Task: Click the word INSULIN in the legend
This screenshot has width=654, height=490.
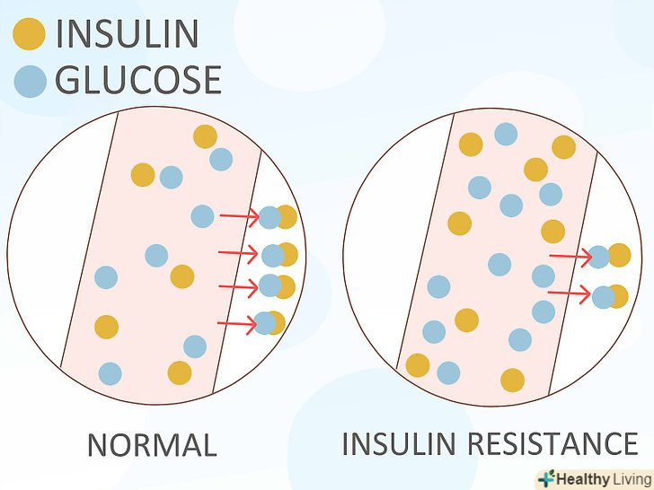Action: (127, 34)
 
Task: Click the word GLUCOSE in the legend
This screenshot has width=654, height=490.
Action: (137, 80)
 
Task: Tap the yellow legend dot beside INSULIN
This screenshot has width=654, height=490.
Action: (29, 35)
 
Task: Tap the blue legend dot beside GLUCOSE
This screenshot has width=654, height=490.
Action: (30, 81)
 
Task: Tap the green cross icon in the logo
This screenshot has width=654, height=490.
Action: (545, 479)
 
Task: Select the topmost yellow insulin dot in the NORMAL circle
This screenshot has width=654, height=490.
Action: (205, 136)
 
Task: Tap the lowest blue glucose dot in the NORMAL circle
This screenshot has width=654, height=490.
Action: (110, 373)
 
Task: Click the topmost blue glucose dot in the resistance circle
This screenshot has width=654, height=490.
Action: (506, 134)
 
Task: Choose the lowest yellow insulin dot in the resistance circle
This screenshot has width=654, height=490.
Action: (512, 381)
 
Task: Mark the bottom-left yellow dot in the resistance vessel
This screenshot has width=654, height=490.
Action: (418, 365)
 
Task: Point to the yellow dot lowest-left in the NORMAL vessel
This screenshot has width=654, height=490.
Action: (106, 327)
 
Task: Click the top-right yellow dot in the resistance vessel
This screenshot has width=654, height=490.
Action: (563, 147)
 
